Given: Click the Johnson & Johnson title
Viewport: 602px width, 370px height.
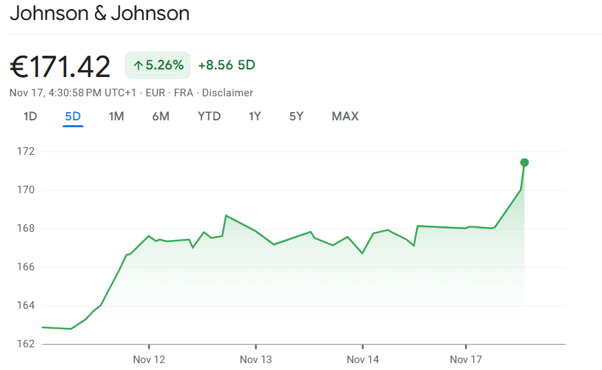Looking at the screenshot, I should point(99,13).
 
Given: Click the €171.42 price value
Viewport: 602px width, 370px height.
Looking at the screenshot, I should point(60,67).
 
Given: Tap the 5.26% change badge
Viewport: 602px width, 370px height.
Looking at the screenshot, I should point(158,65).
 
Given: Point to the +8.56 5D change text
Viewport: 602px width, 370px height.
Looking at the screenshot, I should point(226,65).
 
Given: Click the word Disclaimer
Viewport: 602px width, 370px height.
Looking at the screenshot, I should point(227,93).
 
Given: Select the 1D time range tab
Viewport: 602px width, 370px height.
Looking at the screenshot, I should point(30,116).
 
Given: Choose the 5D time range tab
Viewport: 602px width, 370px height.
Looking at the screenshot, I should point(73,116).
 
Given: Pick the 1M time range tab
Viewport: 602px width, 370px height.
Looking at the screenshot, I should point(116,116).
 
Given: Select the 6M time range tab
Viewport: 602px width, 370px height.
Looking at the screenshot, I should point(160,116).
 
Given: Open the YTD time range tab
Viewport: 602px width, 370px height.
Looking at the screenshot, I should point(209,116).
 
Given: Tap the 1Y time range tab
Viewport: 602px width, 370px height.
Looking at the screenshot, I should point(255,116).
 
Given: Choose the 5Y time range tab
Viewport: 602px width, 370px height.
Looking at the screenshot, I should point(296,116).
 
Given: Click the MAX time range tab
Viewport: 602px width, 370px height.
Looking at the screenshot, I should point(345,116).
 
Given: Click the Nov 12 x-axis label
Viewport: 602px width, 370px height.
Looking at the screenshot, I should point(149,360).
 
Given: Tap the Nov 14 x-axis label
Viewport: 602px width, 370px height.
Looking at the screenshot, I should point(363,360).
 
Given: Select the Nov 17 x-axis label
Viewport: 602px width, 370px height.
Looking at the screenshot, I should point(466,360).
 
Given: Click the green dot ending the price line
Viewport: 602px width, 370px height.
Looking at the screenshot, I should point(524,162).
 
